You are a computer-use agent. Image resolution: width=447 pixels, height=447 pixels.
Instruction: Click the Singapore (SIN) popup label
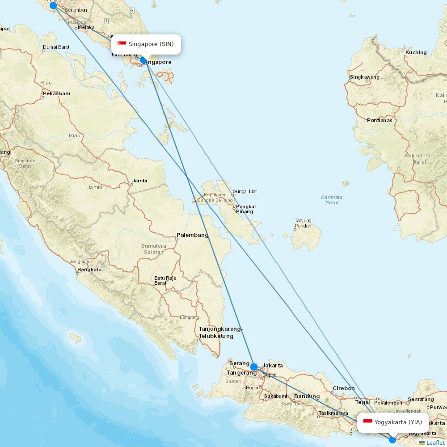(151, 44)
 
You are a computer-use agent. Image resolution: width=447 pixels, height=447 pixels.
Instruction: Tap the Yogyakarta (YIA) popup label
(398, 422)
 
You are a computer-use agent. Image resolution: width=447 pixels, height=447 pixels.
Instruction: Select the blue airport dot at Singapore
(143, 60)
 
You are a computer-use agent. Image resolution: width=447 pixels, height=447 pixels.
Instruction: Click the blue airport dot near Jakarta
(254, 367)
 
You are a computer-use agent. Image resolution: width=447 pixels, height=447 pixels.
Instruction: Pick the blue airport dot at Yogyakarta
(392, 439)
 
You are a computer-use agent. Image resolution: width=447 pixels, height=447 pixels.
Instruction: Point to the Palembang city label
(192, 235)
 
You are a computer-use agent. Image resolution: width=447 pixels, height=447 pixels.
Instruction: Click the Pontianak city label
(380, 120)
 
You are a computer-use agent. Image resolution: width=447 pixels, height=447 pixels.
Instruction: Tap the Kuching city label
(416, 52)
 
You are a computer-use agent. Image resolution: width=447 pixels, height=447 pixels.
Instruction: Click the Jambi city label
(139, 181)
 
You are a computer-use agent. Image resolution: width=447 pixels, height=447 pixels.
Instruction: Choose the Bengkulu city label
(89, 270)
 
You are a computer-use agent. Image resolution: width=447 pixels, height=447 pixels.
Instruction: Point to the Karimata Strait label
(332, 200)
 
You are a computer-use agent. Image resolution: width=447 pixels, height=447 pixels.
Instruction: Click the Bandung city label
(307, 396)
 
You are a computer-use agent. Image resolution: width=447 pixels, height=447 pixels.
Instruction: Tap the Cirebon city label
(343, 388)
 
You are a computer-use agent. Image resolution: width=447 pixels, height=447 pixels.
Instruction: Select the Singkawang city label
(365, 77)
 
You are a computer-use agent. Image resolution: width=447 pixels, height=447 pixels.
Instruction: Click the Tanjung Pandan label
(303, 223)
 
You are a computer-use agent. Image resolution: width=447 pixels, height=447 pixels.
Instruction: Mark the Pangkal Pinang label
(245, 209)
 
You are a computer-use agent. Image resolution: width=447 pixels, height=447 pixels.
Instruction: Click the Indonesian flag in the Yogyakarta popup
(368, 422)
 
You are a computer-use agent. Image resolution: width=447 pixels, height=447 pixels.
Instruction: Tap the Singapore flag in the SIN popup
(122, 44)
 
